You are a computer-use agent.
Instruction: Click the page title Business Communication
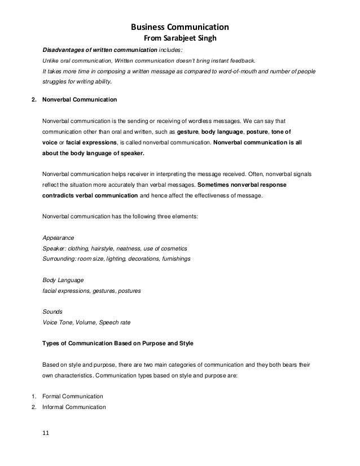[x=179, y=27]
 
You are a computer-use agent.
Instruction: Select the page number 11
[x=46, y=432]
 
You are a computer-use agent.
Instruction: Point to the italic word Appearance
[x=58, y=238]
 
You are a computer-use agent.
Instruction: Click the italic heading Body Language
[x=63, y=280]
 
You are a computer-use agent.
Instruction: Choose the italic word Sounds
[x=52, y=311]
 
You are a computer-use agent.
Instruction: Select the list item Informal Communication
[x=77, y=406]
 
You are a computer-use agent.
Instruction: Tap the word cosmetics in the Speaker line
[x=174, y=248]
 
